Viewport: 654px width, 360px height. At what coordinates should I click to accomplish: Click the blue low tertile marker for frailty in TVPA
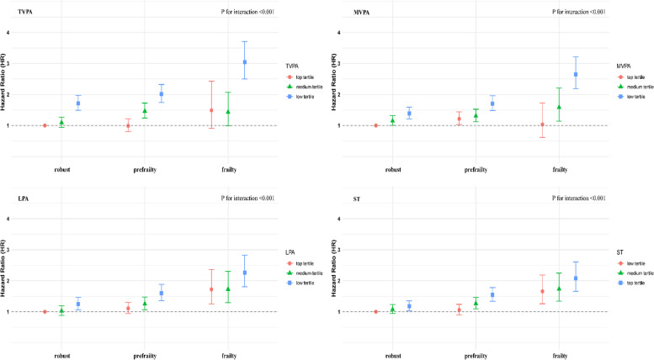pyautogui.click(x=245, y=62)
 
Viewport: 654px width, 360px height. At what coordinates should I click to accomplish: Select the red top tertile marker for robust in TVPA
pyautogui.click(x=45, y=125)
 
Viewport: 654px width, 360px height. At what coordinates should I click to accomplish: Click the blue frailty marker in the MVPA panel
pyautogui.click(x=576, y=75)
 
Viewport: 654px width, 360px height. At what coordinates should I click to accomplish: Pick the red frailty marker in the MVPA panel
pyautogui.click(x=543, y=124)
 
